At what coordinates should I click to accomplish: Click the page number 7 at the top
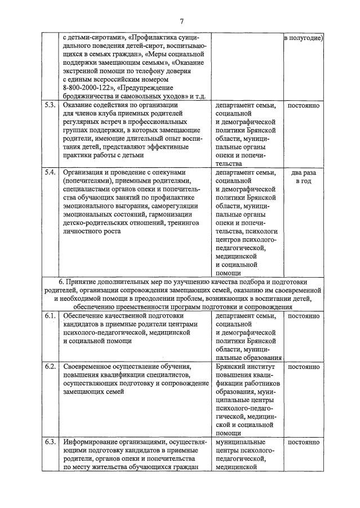coord(182,21)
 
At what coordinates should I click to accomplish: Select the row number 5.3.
coord(50,105)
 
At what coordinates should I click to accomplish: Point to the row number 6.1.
coord(50,317)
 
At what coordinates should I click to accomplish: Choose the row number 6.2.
coord(50,367)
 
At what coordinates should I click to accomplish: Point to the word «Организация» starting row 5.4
coord(85,172)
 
